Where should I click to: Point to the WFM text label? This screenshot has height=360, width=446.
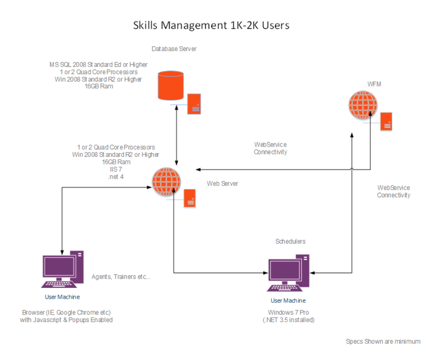pyautogui.click(x=374, y=84)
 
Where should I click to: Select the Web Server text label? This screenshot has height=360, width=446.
pyautogui.click(x=222, y=183)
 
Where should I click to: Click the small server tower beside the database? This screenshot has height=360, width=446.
pyautogui.click(x=194, y=103)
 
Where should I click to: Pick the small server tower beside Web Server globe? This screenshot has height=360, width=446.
pyautogui.click(x=190, y=198)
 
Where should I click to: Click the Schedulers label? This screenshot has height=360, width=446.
pyautogui.click(x=290, y=241)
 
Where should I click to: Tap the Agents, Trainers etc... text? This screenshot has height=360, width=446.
pyautogui.click(x=121, y=277)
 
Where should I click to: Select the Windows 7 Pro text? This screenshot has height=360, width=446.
pyautogui.click(x=288, y=313)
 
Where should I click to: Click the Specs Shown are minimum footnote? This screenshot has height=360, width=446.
pyautogui.click(x=383, y=341)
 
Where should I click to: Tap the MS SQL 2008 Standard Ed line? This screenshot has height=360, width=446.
pyautogui.click(x=99, y=64)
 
